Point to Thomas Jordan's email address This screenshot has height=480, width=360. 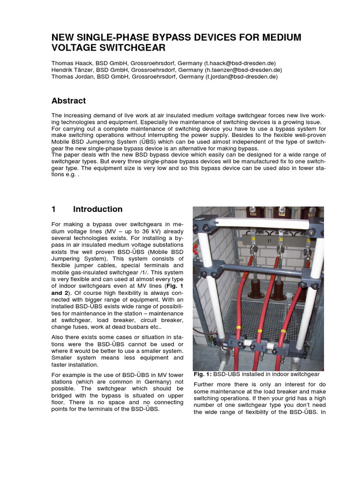click(x=241, y=76)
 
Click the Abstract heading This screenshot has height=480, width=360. click(x=68, y=101)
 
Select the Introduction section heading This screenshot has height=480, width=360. click(x=98, y=209)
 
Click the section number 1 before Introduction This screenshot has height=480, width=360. click(x=54, y=209)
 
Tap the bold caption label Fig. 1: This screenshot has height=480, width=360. click(x=202, y=374)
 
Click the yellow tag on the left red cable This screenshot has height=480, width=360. click(x=238, y=328)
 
